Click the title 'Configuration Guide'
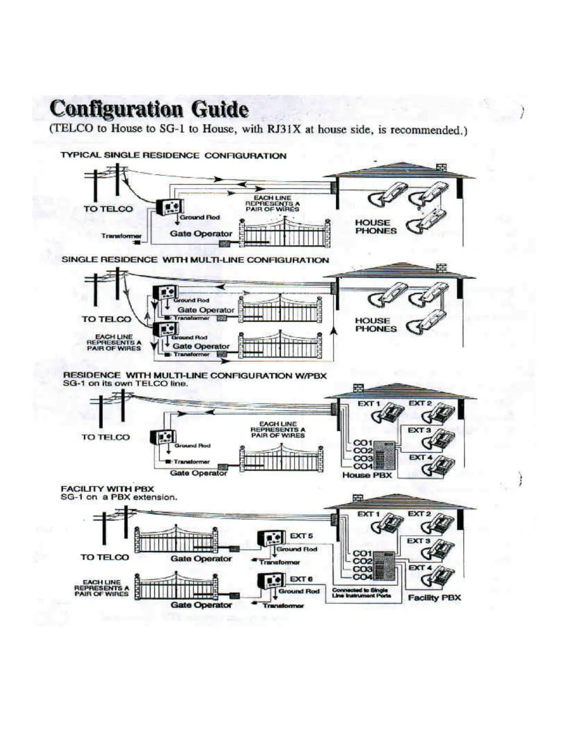[149, 110]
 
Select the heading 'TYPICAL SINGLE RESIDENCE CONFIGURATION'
[173, 155]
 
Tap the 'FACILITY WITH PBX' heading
[107, 489]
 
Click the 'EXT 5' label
[301, 536]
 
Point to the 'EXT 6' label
[301, 579]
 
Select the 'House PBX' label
[367, 475]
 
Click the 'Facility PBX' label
[434, 597]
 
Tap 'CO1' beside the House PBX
[363, 443]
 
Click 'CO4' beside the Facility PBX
[363, 577]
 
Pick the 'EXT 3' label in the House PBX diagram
[419, 430]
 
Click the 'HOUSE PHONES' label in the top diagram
[376, 227]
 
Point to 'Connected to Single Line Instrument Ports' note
[361, 593]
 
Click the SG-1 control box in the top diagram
[169, 207]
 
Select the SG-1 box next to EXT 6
[271, 580]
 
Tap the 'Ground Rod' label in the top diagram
[200, 217]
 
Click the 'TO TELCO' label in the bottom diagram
[105, 557]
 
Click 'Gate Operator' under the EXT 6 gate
[201, 605]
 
